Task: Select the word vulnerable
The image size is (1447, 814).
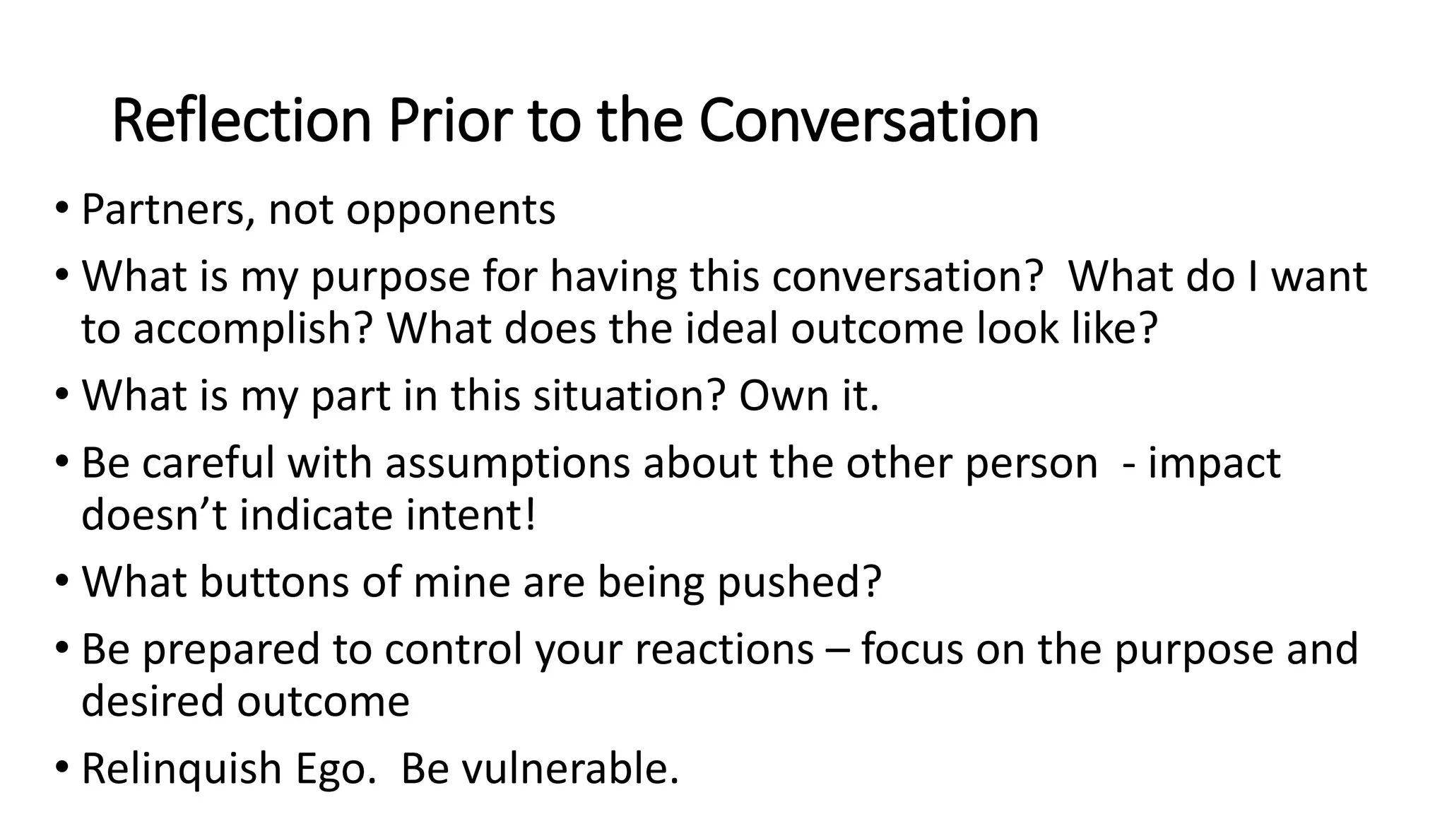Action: pyautogui.click(x=569, y=769)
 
